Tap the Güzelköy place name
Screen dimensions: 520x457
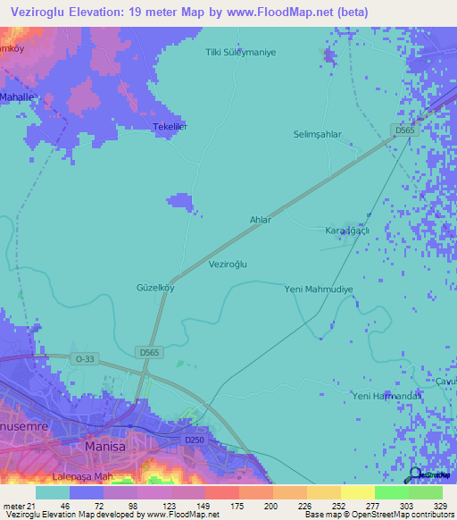click(154, 288)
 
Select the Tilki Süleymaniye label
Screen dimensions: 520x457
click(241, 52)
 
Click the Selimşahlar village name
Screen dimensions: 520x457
click(318, 134)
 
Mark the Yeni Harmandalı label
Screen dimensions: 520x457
click(386, 395)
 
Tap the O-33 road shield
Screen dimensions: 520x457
click(84, 358)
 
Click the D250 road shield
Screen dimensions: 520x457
click(195, 440)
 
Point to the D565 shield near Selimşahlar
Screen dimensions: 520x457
click(405, 130)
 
